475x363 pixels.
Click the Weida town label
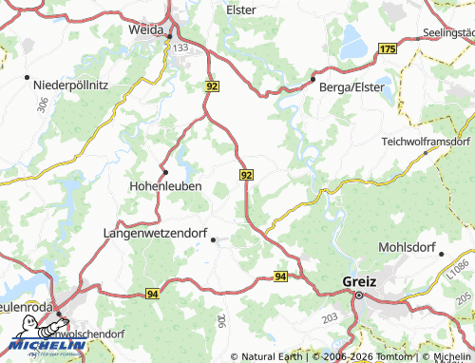pos(147,29)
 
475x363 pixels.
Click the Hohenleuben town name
pos(164,186)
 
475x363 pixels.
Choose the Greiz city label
pos(359,281)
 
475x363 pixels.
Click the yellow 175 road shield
pos(387,48)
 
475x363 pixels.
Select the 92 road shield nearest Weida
pos(211,86)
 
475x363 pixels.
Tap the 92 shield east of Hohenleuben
pos(247,175)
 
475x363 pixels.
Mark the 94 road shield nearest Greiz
pos(280,276)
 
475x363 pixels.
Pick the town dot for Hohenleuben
pos(165,171)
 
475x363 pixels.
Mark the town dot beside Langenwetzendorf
pos(212,239)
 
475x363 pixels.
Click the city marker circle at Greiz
pos(359,296)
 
